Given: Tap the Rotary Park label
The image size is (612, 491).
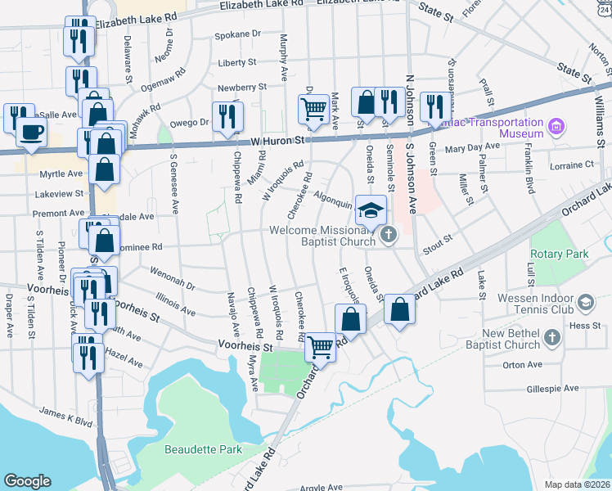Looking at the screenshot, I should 560,255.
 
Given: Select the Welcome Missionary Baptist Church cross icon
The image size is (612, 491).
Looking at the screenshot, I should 388,236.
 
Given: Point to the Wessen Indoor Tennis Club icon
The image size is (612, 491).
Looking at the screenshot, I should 586,304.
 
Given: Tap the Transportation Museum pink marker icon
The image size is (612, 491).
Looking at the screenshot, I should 557,127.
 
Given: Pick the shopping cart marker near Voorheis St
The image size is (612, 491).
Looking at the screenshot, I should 321,348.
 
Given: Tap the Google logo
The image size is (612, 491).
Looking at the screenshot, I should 27,481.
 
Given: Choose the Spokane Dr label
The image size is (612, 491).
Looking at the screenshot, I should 237,34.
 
